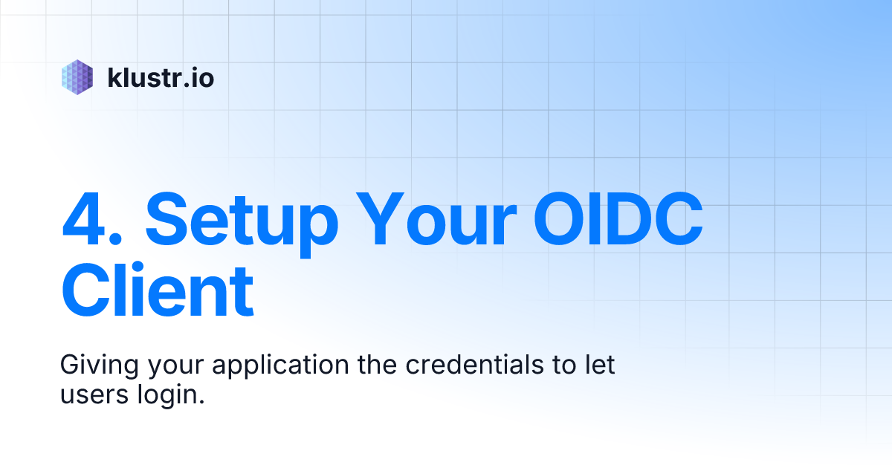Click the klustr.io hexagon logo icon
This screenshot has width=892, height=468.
point(77,77)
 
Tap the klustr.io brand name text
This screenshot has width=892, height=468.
point(161,77)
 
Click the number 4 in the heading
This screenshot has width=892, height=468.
point(85,221)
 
